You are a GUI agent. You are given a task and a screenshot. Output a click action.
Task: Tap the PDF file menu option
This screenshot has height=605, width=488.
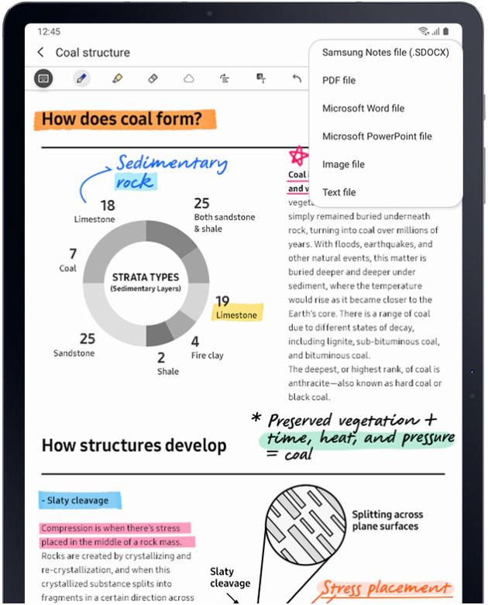coord(339,81)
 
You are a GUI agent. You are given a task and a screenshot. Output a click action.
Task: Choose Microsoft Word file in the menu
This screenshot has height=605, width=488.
coord(363,108)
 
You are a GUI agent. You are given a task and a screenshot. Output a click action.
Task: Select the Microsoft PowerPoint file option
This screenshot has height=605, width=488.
coord(376,136)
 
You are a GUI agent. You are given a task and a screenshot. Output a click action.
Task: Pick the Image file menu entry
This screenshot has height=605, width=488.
coord(343,164)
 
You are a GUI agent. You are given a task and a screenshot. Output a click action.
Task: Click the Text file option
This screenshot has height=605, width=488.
coord(339,192)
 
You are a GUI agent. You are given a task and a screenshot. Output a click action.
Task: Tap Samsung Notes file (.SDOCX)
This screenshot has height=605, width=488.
coord(385,53)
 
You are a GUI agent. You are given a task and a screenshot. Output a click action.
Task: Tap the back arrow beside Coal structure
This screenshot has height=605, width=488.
coord(40,53)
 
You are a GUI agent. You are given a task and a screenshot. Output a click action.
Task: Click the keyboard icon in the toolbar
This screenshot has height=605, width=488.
coord(44,78)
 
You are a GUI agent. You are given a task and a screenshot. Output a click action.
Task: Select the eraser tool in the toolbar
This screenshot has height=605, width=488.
coord(153,78)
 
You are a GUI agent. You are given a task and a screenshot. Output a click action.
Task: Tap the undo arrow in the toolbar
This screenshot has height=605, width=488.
coord(297,78)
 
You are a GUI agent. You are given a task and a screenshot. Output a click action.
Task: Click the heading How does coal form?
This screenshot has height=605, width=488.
coord(122,119)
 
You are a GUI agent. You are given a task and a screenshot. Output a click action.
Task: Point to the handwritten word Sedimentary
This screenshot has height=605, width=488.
coord(172,163)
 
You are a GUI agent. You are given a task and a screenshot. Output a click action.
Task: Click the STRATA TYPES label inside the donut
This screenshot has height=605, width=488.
coord(145,277)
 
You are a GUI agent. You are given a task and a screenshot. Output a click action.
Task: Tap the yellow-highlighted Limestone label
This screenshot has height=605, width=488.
coord(237,315)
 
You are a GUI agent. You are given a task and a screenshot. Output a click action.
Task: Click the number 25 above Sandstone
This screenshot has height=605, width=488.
coord(88,339)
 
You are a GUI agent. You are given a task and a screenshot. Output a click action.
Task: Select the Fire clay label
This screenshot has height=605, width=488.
coord(208,356)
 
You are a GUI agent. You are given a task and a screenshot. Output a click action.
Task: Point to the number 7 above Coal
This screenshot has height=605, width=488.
coord(73,253)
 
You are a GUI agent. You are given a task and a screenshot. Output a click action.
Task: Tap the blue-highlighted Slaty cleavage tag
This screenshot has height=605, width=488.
coord(78,500)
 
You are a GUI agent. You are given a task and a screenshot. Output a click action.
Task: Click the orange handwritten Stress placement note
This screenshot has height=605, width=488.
coord(385,589)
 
